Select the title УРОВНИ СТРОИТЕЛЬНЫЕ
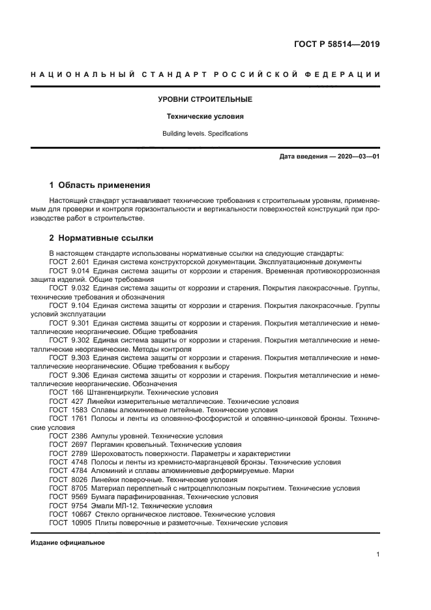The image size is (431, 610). coord(205,100)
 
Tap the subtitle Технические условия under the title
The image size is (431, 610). coord(205,117)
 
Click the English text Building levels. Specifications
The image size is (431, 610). coord(205,134)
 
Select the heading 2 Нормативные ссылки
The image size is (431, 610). coord(102,237)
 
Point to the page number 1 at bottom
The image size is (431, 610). coord(378,555)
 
